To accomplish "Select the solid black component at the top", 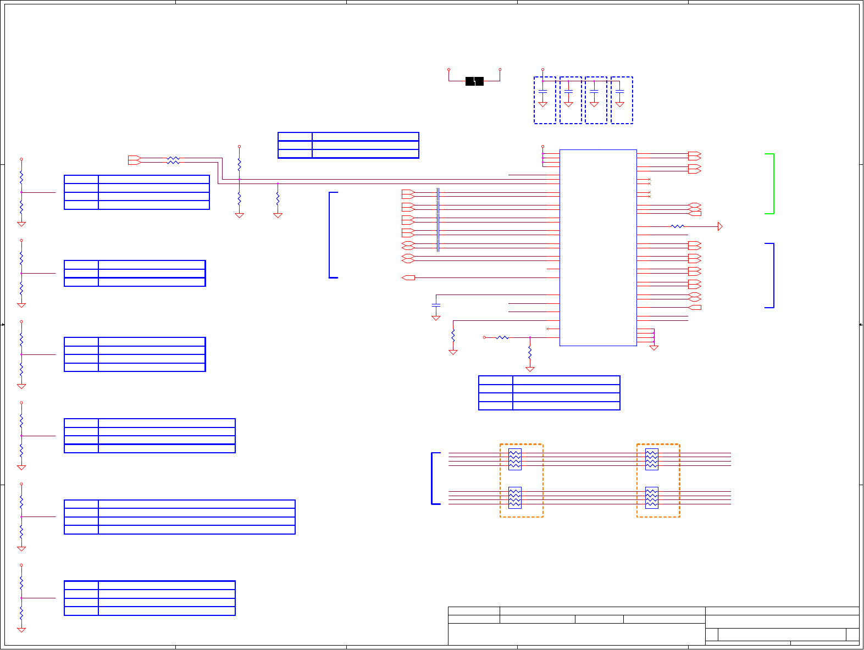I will pyautogui.click(x=474, y=81).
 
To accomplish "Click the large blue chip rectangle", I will pyautogui.click(x=598, y=247).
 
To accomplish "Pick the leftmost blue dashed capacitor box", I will pyautogui.click(x=545, y=100).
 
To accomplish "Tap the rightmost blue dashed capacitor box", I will pyautogui.click(x=622, y=100).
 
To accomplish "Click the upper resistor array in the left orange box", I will pyautogui.click(x=514, y=459).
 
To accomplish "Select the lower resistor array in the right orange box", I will pyautogui.click(x=651, y=498).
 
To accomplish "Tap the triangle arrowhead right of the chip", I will pyautogui.click(x=720, y=226).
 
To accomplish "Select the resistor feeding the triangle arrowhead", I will pyautogui.click(x=678, y=226).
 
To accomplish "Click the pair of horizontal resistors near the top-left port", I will pyautogui.click(x=173, y=160).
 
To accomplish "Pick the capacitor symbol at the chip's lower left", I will pyautogui.click(x=436, y=304).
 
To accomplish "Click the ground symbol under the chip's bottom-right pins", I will pyautogui.click(x=653, y=348).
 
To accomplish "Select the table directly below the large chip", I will pyautogui.click(x=549, y=393).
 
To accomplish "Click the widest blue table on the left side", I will pyautogui.click(x=180, y=517).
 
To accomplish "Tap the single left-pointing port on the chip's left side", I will pyautogui.click(x=408, y=278).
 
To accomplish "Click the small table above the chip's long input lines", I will pyautogui.click(x=348, y=145).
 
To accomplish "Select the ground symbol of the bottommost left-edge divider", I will pyautogui.click(x=21, y=630).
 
